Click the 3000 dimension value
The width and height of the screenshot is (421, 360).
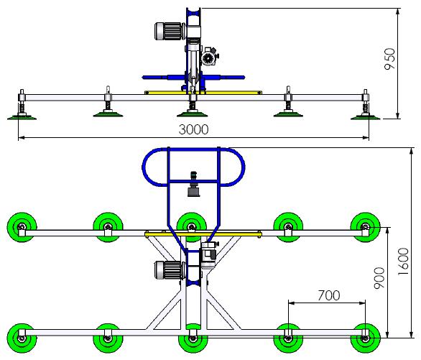[193, 129]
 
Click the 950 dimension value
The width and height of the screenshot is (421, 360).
[389, 59]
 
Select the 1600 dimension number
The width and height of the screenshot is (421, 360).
[403, 262]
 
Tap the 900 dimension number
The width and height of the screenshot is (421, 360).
[379, 278]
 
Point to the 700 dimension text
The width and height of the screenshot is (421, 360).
[329, 295]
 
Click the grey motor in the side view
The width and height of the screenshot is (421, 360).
[169, 32]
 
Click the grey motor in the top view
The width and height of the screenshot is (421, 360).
[169, 270]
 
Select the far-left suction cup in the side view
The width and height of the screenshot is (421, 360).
[22, 117]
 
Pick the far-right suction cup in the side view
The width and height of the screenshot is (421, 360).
[366, 117]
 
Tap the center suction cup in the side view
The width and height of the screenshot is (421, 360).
[193, 114]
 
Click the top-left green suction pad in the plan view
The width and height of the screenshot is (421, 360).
[22, 227]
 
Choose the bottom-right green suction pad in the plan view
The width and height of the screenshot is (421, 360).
[366, 338]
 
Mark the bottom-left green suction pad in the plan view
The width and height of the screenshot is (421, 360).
[22, 338]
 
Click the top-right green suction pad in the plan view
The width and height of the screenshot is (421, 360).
[366, 227]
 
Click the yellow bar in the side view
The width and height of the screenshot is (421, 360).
[203, 93]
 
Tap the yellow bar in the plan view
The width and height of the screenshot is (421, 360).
[203, 235]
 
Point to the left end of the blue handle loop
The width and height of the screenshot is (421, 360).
[143, 167]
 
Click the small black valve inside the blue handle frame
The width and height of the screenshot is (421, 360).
[193, 184]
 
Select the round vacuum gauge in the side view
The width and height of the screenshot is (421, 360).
[208, 57]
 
